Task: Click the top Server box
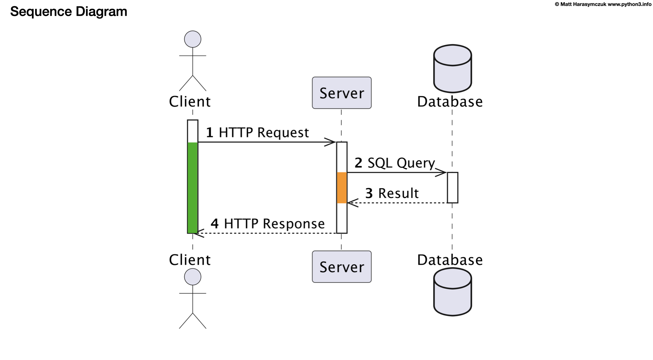click(341, 93)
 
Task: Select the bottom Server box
click(341, 267)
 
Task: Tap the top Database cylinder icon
click(452, 69)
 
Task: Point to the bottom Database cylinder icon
click(452, 292)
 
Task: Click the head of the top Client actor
click(193, 39)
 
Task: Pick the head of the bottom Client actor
click(193, 277)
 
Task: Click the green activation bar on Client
click(193, 188)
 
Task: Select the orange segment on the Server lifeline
click(342, 188)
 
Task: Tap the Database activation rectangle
click(452, 188)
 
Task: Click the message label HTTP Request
click(264, 132)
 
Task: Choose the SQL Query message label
click(401, 163)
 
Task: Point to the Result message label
click(398, 193)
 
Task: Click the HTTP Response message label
click(274, 224)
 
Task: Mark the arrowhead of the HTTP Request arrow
click(331, 142)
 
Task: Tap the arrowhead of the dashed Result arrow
click(352, 203)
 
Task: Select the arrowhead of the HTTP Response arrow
click(199, 233)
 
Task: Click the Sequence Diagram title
click(69, 11)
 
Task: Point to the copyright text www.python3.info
click(629, 4)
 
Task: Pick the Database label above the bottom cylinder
click(450, 260)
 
